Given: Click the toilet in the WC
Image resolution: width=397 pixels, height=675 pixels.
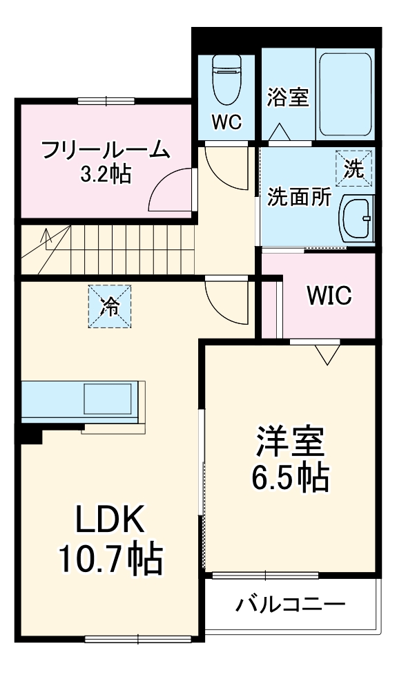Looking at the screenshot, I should (226, 76).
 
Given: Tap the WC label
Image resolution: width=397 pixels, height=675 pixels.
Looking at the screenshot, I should (226, 123).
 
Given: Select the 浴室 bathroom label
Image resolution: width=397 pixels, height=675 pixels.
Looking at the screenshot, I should (287, 97).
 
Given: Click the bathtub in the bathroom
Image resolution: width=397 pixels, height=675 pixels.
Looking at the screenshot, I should (345, 93).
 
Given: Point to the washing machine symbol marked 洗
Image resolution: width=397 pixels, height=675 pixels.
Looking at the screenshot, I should (354, 169).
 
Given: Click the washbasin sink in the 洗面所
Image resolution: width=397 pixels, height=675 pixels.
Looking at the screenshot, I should (356, 218).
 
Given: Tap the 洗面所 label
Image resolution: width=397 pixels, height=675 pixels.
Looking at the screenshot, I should (299, 198).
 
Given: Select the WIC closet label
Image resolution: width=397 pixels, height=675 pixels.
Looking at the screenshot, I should (329, 296).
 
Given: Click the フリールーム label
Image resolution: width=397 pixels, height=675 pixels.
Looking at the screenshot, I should (105, 149).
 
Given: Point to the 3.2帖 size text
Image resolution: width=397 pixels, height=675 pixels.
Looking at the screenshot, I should (106, 173).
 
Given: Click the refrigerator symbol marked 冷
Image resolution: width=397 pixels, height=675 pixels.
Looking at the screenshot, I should (108, 305).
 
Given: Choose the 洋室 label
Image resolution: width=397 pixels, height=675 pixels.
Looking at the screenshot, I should (289, 442).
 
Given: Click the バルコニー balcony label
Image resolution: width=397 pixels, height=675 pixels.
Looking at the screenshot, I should (291, 606).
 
